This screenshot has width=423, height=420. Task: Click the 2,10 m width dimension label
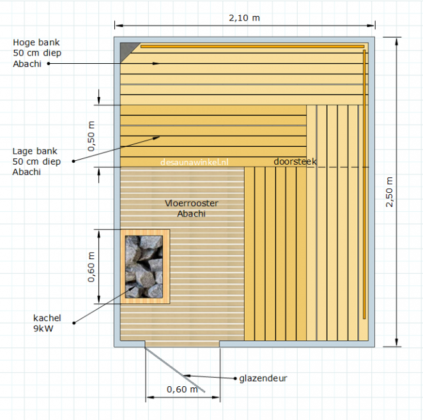pos(245,18)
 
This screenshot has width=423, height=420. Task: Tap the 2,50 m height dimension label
pos(389,192)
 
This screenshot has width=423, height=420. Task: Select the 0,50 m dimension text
pos(91,137)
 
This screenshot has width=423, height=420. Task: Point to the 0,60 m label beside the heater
pos(91,267)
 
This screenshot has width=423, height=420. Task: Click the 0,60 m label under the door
pos(182,389)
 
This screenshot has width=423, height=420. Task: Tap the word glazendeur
pos(263,379)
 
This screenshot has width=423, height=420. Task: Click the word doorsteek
pos(295,161)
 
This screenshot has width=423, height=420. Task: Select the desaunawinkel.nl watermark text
pos(194,162)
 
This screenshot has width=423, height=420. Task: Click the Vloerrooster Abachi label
pos(192,208)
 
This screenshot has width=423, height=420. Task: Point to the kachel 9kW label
pos(47,323)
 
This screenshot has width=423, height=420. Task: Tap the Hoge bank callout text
pos(37,53)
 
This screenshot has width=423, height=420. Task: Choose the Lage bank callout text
pos(36,161)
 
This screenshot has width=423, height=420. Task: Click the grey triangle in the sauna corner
pos(127,49)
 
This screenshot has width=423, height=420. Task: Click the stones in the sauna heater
pos(144,267)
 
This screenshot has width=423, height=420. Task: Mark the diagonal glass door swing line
pos(175,370)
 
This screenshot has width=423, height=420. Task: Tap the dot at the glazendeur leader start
pos(235,379)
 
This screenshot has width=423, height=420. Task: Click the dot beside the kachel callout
pos(74,323)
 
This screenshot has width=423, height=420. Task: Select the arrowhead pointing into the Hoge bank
pos(156,64)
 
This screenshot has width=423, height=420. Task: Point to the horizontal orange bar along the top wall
pos(252,47)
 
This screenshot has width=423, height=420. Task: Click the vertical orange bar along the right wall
pos(364,184)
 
